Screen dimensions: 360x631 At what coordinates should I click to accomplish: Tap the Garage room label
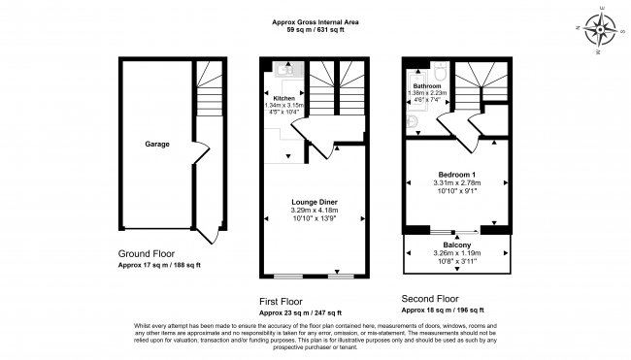(157, 144)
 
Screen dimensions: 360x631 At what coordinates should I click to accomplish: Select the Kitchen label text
(283, 99)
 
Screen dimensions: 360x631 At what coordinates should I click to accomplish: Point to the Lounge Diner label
(314, 201)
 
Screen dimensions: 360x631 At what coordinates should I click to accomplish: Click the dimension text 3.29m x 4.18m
(314, 211)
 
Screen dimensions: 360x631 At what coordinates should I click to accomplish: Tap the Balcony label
(456, 245)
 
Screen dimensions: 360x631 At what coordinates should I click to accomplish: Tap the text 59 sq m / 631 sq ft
(315, 30)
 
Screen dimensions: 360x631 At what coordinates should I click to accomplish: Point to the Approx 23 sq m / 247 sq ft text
(300, 312)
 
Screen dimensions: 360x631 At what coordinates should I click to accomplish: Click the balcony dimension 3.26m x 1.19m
(456, 253)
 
